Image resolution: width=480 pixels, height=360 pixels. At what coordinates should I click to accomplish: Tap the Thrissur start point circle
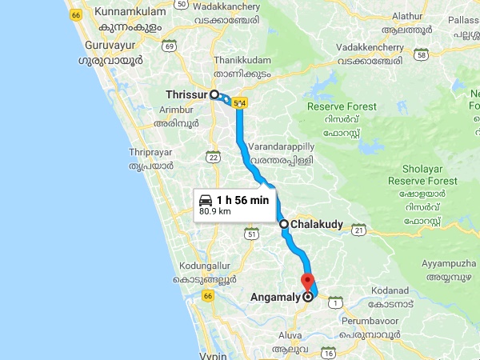click(214, 94)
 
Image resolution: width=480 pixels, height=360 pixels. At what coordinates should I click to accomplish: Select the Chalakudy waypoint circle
click(284, 225)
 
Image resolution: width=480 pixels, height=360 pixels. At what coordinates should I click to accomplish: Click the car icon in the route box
click(206, 200)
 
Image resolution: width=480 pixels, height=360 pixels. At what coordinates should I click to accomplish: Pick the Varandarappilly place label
click(281, 148)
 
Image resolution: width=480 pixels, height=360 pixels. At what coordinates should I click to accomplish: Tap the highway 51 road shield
click(253, 234)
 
